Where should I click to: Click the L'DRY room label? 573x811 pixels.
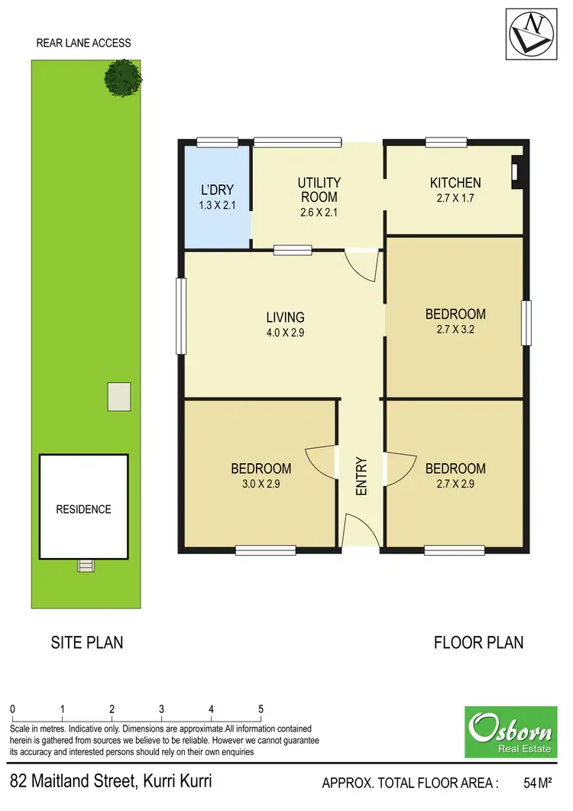pyautogui.click(x=217, y=190)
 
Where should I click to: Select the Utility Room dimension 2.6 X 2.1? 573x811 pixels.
pyautogui.click(x=319, y=212)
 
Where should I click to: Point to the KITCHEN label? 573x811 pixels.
pyautogui.click(x=455, y=183)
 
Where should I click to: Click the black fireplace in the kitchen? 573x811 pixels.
pyautogui.click(x=518, y=172)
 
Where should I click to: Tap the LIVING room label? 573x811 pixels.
pyautogui.click(x=285, y=317)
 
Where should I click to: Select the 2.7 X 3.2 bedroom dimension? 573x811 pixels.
pyautogui.click(x=455, y=329)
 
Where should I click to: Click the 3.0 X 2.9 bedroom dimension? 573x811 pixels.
pyautogui.click(x=261, y=484)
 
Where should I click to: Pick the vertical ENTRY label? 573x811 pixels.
pyautogui.click(x=361, y=476)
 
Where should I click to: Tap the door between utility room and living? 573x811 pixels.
pyautogui.click(x=362, y=265)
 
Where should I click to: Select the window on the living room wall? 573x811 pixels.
pyautogui.click(x=181, y=316)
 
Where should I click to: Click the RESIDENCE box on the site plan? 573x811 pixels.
pyautogui.click(x=83, y=509)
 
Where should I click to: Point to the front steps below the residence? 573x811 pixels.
pyautogui.click(x=86, y=566)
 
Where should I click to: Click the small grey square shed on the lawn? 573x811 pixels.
pyautogui.click(x=118, y=396)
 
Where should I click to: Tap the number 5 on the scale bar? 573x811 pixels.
pyautogui.click(x=261, y=707)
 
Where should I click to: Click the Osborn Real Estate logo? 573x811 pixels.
pyautogui.click(x=511, y=732)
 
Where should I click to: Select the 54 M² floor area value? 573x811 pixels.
pyautogui.click(x=537, y=782)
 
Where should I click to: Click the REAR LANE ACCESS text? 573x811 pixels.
pyautogui.click(x=83, y=43)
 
